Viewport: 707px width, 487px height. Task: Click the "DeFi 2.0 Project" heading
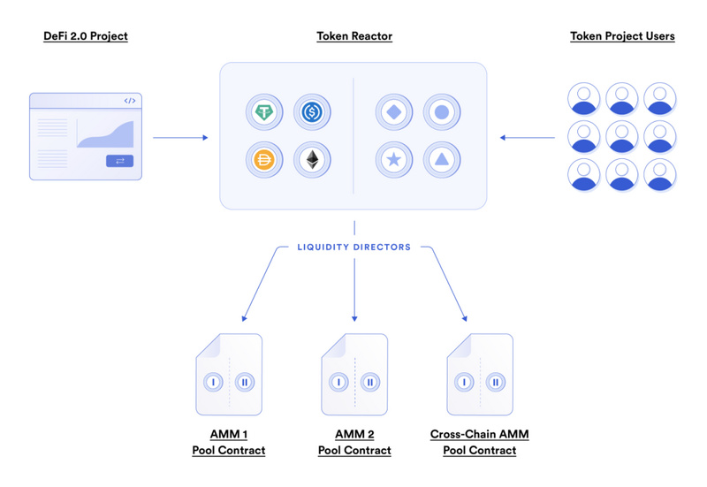pyautogui.click(x=85, y=36)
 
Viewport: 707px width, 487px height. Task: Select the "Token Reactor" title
pyautogui.click(x=354, y=36)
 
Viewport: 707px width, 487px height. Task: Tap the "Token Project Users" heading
pyautogui.click(x=622, y=36)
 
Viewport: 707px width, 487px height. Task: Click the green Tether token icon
pyautogui.click(x=264, y=112)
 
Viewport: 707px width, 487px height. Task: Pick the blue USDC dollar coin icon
pyautogui.click(x=312, y=112)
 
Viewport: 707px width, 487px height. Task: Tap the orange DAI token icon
pyautogui.click(x=264, y=160)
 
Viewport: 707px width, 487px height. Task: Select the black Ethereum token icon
pyautogui.click(x=312, y=160)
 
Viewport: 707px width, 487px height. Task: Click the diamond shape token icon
pyautogui.click(x=394, y=112)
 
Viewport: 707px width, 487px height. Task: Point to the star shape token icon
pyautogui.click(x=394, y=160)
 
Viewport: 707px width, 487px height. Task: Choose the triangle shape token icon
pyautogui.click(x=442, y=160)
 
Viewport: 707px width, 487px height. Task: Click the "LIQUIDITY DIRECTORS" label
pyautogui.click(x=354, y=247)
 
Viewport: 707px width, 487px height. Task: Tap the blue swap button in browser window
pyautogui.click(x=119, y=161)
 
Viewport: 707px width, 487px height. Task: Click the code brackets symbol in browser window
pyautogui.click(x=129, y=102)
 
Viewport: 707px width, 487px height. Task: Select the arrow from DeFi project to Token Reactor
pyautogui.click(x=180, y=137)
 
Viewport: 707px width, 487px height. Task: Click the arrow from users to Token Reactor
pyautogui.click(x=527, y=137)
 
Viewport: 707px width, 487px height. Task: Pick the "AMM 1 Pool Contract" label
pyautogui.click(x=229, y=442)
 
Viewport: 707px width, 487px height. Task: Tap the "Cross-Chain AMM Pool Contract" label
pyautogui.click(x=480, y=442)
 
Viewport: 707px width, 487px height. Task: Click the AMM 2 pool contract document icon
pyautogui.click(x=354, y=375)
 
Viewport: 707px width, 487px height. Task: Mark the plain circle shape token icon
pyautogui.click(x=442, y=112)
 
